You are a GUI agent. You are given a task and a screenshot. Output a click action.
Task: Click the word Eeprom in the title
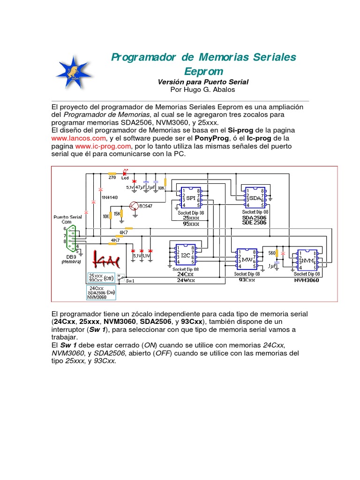(x=203, y=71)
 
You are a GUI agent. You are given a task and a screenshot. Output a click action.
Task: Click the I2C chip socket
(x=185, y=255)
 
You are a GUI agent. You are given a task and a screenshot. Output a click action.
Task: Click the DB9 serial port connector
(x=72, y=237)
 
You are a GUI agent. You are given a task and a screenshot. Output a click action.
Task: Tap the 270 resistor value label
(x=112, y=178)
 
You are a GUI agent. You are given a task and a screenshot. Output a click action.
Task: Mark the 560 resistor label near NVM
(x=271, y=253)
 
